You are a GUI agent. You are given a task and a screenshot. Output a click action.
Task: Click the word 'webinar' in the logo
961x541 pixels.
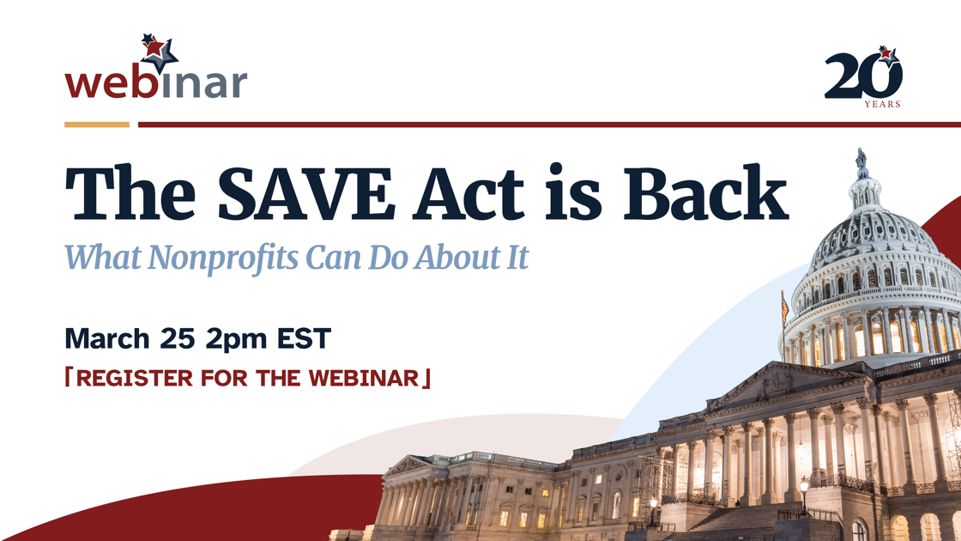[x=155, y=83]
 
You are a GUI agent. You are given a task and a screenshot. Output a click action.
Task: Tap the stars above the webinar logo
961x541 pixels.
[x=158, y=50]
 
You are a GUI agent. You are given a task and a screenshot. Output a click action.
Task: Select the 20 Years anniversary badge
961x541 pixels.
[x=863, y=76]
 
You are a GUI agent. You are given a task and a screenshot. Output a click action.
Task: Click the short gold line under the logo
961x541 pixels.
[x=96, y=125]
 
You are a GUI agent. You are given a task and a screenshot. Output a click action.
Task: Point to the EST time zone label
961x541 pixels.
[x=303, y=338]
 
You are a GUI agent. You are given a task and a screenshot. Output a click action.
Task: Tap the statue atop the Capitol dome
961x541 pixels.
[x=861, y=161]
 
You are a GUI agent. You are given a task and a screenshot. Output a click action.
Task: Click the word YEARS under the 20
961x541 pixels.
[x=882, y=105]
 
